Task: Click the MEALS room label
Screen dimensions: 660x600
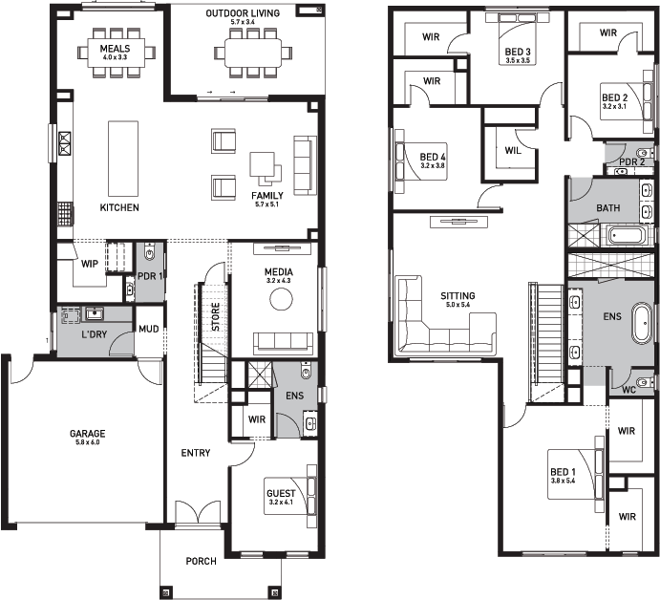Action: [115, 49]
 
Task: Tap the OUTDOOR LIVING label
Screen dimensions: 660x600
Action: [243, 13]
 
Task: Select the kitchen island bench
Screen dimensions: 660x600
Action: [123, 159]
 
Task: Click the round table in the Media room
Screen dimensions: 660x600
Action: [281, 299]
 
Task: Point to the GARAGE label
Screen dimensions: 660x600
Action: [88, 434]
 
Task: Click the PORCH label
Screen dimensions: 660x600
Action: [202, 561]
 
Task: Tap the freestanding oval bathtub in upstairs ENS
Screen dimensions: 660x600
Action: [642, 323]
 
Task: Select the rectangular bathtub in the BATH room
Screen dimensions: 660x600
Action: [627, 236]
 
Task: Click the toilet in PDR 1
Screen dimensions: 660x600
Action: [150, 252]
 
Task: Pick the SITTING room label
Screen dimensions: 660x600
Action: [458, 295]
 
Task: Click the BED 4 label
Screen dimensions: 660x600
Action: [433, 157]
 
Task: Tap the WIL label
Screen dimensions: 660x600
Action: [513, 150]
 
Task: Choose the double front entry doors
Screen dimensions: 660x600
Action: [198, 513]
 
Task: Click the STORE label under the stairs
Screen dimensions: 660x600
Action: [215, 316]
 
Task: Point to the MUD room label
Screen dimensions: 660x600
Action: [149, 329]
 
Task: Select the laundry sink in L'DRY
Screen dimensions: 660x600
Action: [95, 313]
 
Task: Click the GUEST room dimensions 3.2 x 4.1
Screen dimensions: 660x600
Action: [281, 503]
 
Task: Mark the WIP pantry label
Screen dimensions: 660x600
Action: [89, 264]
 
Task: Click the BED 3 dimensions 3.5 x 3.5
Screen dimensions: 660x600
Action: [518, 60]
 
